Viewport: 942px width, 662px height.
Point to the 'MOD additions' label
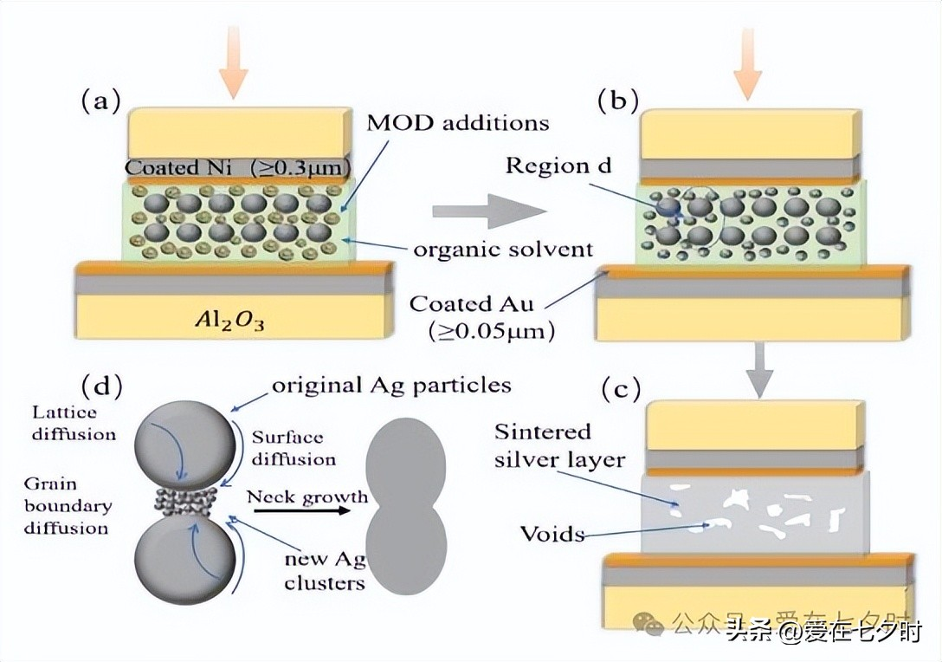tap(457, 122)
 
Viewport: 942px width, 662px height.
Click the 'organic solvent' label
tap(502, 250)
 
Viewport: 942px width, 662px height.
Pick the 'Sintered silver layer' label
tap(559, 445)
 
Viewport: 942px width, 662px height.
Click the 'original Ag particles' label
tap(391, 384)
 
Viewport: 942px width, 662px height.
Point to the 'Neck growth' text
tap(306, 497)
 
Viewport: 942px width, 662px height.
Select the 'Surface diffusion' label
tap(287, 447)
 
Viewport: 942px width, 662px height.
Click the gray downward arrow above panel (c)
tap(759, 369)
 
